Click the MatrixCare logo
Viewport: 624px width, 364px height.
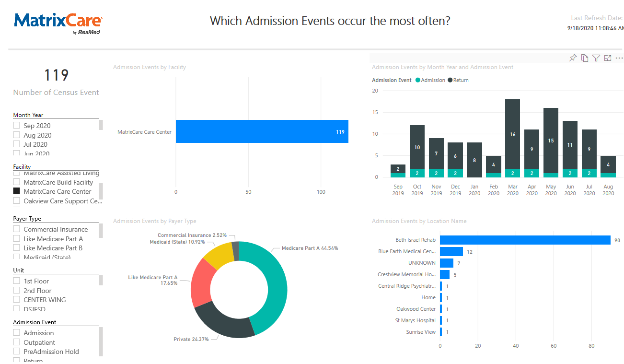58,22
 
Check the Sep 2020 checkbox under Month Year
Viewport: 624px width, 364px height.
17,126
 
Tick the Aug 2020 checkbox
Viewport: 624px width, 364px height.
17,135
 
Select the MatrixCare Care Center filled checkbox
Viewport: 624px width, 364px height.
17,191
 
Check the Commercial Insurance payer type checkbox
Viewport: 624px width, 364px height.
17,229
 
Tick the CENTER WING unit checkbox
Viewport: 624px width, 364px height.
17,300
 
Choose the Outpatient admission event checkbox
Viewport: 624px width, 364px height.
17,342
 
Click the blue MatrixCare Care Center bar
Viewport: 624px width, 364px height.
262,131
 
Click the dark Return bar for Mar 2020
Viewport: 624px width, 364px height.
513,134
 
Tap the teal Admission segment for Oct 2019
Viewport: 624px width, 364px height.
417,173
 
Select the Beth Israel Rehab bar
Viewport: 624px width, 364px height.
525,240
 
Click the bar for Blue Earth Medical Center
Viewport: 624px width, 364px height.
451,251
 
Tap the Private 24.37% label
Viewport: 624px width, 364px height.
192,339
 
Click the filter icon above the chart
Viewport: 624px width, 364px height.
596,58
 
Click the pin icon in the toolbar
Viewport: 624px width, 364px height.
573,58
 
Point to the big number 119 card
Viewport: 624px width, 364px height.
57,75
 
